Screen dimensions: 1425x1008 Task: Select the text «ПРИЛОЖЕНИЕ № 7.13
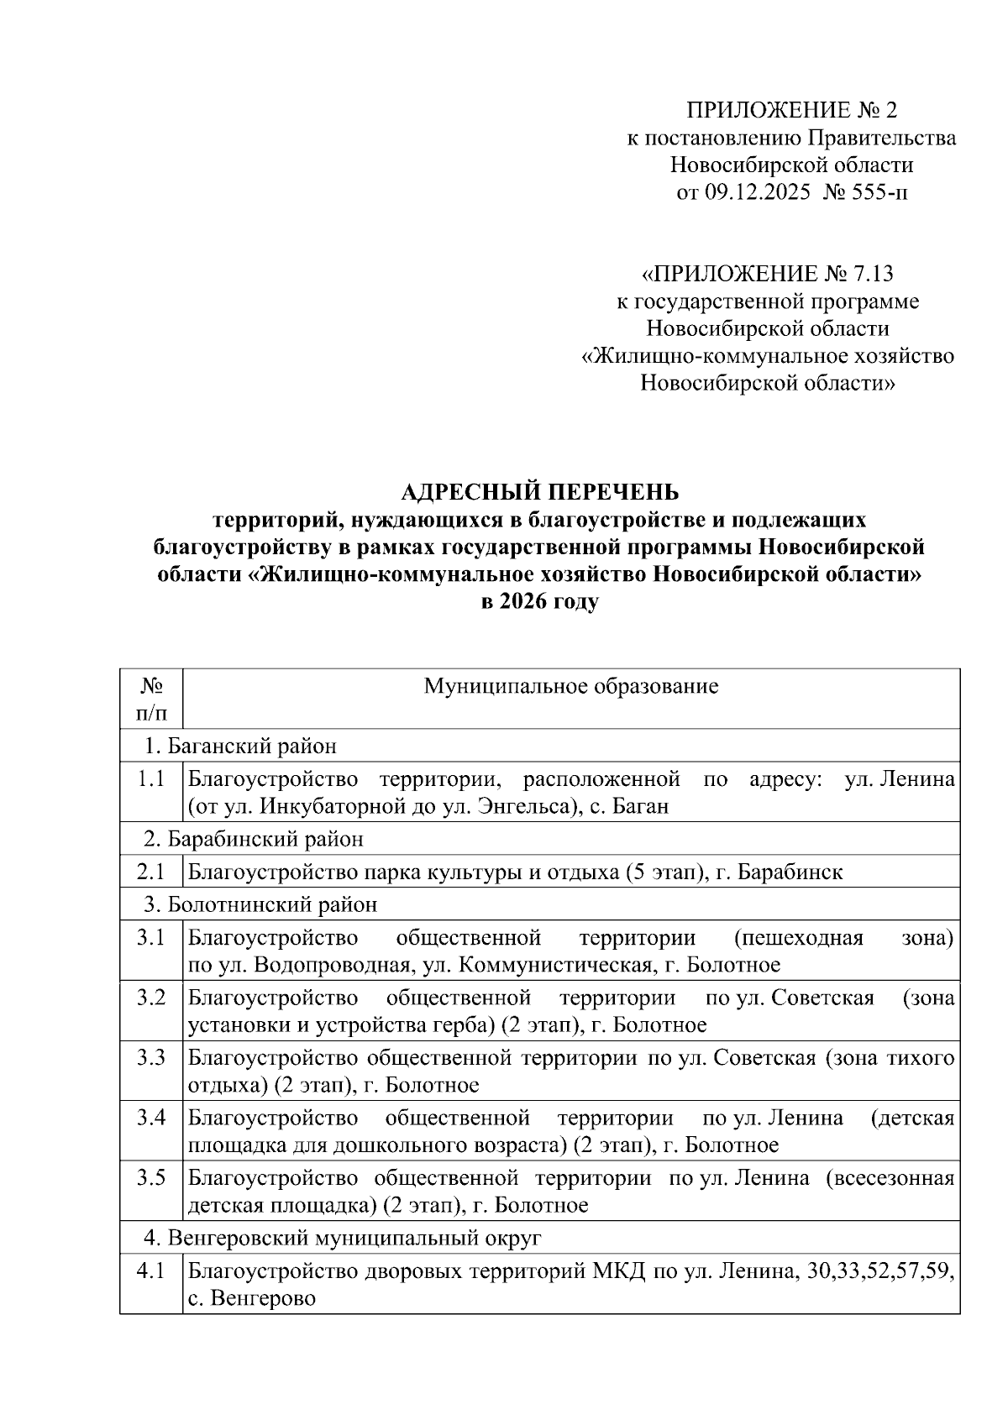coord(767,274)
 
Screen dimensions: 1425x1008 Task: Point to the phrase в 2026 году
coord(539,603)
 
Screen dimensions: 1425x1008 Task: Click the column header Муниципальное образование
coord(571,686)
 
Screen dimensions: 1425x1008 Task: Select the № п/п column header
coord(151,699)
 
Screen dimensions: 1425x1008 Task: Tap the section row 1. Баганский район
coord(240,746)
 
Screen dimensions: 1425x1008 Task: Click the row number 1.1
coord(151,779)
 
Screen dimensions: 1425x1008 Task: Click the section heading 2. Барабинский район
coord(254,839)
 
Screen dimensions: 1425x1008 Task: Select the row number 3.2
coord(151,998)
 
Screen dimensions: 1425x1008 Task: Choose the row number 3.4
coord(151,1118)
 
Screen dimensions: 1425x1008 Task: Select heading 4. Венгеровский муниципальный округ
coord(343,1238)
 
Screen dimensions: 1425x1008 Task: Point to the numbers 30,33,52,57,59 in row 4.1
coord(880,1271)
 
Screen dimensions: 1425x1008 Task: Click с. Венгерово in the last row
coord(252,1299)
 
